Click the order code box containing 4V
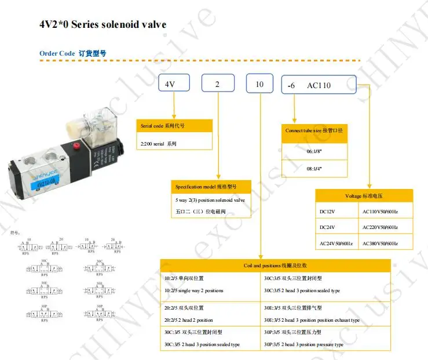174,84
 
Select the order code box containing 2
218,84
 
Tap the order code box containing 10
261,84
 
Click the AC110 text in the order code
319,85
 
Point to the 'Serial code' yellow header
174,126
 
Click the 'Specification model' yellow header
211,186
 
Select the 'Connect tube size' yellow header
314,130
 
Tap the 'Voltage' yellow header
364,195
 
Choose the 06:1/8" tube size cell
314,151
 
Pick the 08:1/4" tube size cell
314,168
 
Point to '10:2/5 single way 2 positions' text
194,290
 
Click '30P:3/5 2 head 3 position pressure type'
303,344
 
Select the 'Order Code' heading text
57,53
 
